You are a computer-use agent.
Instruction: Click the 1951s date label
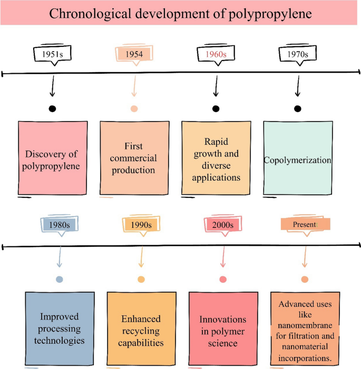pos(52,54)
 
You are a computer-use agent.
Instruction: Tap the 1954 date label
pos(134,54)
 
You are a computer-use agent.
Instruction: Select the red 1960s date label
pos(216,54)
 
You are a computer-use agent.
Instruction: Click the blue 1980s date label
pos(60,225)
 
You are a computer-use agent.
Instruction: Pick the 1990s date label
pos(141,225)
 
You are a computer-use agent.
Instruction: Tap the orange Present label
pos(305,225)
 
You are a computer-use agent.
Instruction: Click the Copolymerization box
pos(298,158)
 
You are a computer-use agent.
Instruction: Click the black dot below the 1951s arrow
pos(52,109)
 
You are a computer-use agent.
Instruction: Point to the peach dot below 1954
pos(134,109)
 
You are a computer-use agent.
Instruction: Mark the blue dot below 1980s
pos(60,279)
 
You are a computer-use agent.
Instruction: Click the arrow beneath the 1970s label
pos(298,85)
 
